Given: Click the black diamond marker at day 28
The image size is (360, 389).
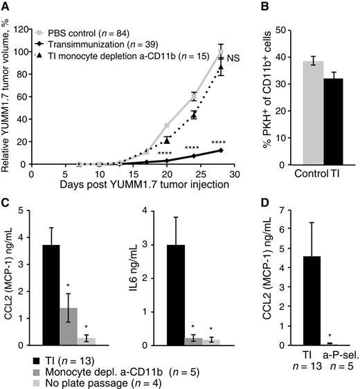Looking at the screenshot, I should coord(221,150).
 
